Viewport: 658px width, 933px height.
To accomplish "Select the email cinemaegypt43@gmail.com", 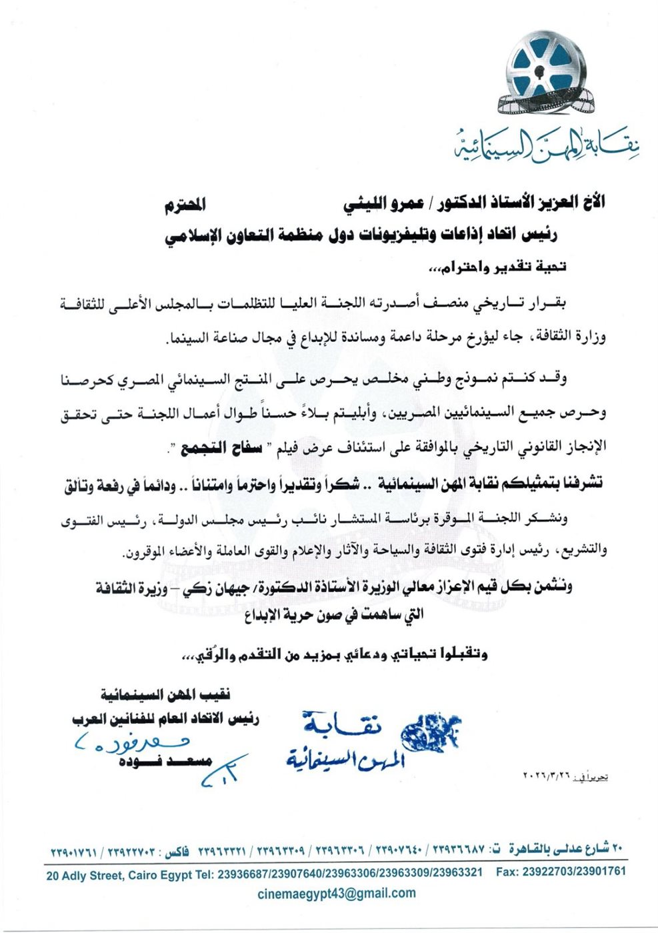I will pyautogui.click(x=336, y=893).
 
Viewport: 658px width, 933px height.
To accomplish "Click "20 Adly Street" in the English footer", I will pyautogui.click(x=85, y=872).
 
